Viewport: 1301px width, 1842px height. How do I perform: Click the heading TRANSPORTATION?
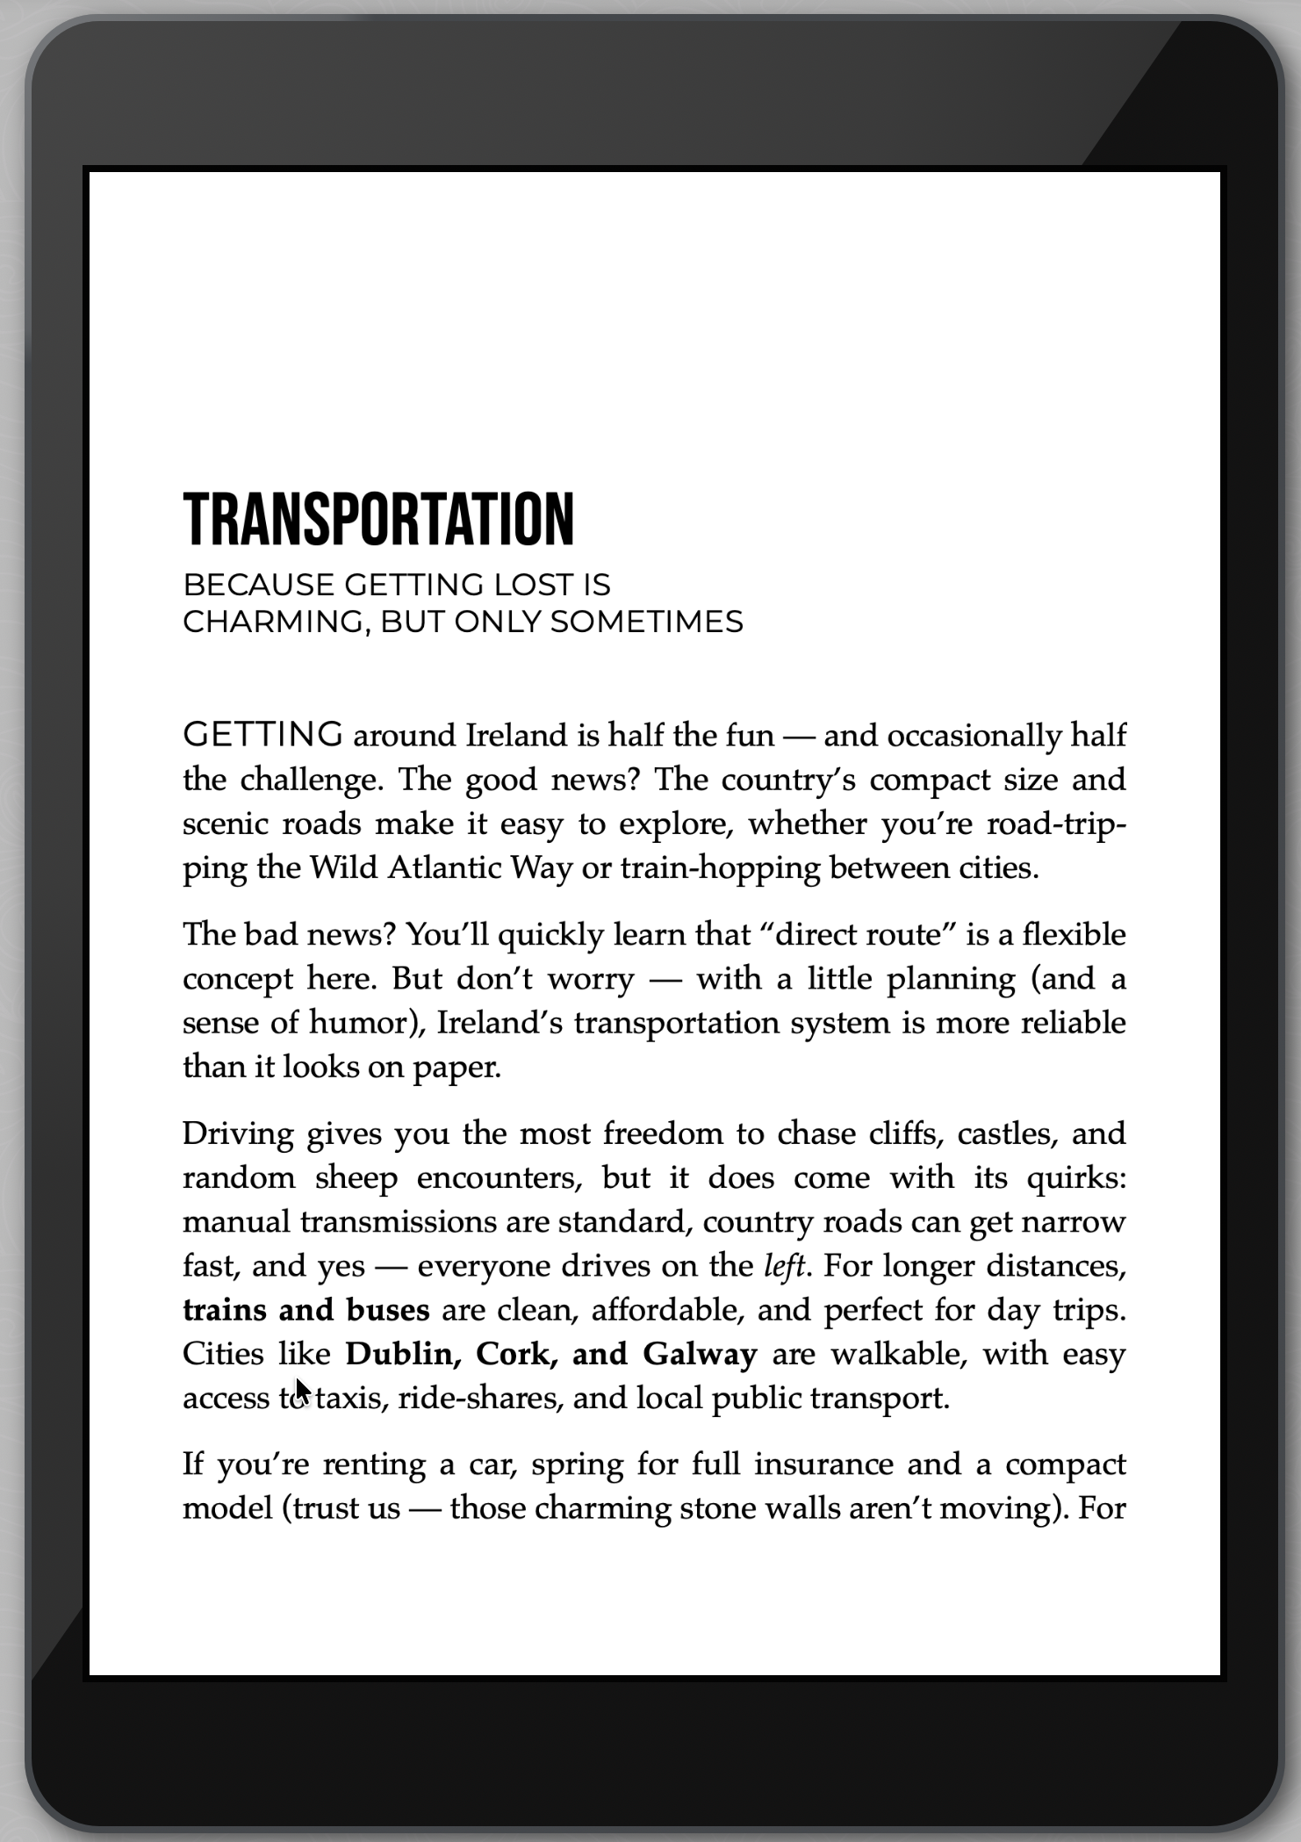pos(378,519)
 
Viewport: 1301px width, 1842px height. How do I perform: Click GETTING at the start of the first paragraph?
pos(262,734)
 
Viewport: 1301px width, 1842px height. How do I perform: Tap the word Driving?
pos(238,1133)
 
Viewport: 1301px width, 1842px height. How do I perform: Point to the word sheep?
pos(356,1177)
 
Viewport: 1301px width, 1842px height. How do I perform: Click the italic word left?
pos(784,1266)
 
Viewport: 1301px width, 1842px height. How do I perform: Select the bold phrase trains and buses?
pos(305,1310)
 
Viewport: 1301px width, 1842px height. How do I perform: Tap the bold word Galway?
pos(700,1354)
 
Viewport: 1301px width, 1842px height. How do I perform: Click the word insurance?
pos(823,1464)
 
